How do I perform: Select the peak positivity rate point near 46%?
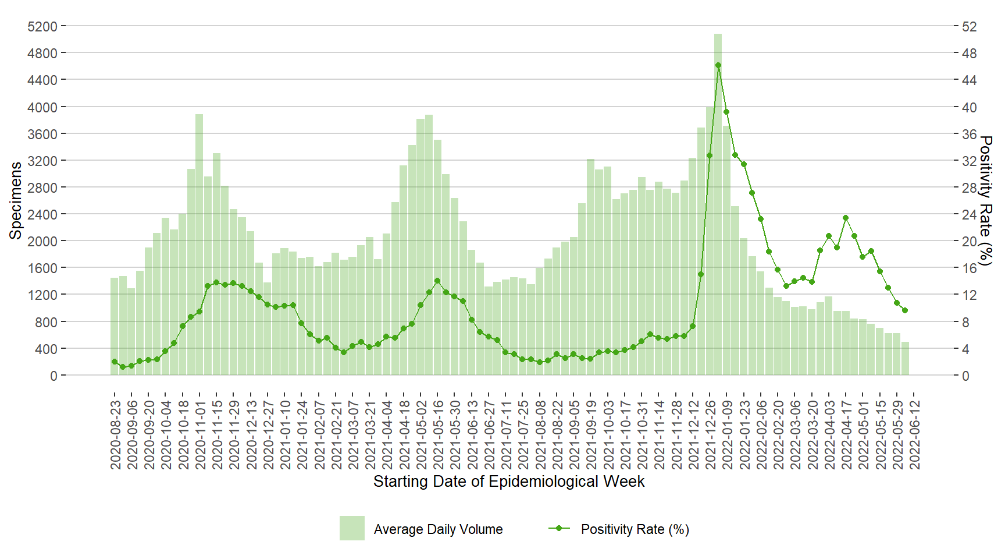pos(718,65)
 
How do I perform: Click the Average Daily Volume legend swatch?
pos(352,528)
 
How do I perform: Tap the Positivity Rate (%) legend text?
pos(635,529)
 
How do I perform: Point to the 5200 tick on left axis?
pos(42,26)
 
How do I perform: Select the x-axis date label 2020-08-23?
pos(115,434)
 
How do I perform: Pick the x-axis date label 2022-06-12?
pos(914,434)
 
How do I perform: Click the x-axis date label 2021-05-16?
pos(438,434)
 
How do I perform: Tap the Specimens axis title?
pos(16,200)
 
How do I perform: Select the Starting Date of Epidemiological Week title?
pos(509,482)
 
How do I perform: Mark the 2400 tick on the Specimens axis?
pos(42,214)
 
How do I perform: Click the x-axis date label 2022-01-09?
pos(727,434)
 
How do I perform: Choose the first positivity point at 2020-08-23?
pos(115,362)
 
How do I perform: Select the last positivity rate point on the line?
pos(905,310)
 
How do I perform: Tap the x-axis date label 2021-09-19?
pos(591,434)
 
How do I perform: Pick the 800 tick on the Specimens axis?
pos(46,322)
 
